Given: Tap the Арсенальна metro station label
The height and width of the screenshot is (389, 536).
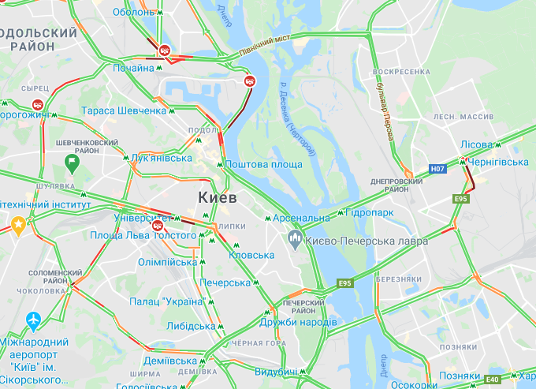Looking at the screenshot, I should tap(303, 218).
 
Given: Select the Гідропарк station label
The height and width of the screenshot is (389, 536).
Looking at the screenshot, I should tap(370, 213).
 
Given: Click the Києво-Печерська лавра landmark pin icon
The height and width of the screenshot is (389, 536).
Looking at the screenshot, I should tap(296, 238).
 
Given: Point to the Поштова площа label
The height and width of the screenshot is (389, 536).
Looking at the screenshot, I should tap(264, 164).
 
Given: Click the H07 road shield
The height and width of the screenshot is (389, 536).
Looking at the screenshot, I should tap(437, 169).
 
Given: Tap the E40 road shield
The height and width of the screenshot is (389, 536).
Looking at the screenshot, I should tap(493, 380).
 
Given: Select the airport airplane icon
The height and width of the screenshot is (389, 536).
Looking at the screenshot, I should tap(34, 322).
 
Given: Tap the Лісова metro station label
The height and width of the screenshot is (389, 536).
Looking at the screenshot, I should tap(476, 144).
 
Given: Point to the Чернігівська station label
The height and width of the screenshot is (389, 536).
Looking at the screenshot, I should tap(499, 161).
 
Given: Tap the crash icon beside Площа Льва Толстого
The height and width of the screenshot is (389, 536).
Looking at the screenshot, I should tap(157, 223).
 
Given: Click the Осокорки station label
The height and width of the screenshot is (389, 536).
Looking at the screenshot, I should tap(413, 385).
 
